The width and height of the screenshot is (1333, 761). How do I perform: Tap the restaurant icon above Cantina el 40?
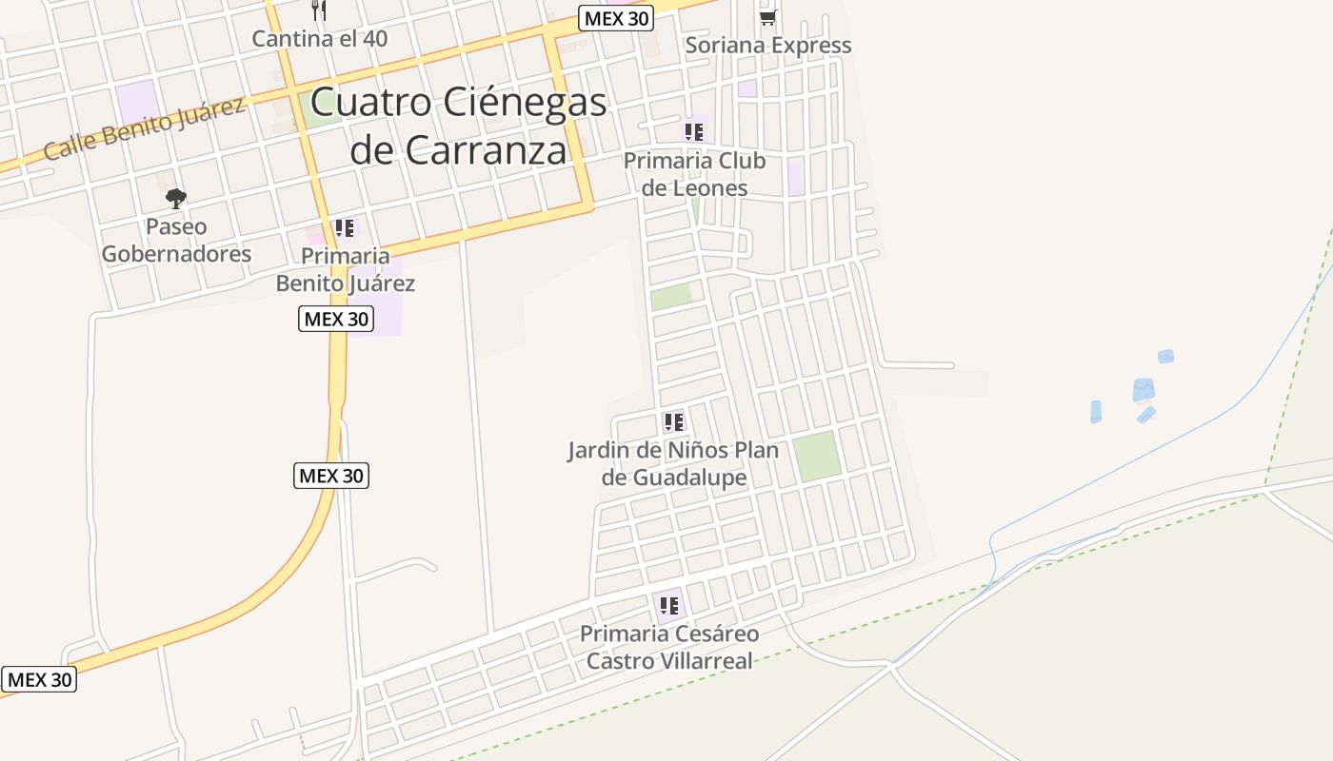point(319,10)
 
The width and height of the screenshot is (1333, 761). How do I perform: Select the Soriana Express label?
point(768,45)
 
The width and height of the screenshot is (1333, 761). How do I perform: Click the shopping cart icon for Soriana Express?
point(767,16)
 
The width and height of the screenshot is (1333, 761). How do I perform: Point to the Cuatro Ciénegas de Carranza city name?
point(458,126)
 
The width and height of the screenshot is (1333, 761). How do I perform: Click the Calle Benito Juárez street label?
point(145,128)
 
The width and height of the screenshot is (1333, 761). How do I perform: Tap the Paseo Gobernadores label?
point(176,241)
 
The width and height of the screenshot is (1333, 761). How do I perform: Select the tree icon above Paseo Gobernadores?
point(175,199)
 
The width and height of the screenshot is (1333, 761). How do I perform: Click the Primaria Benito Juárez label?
point(346,269)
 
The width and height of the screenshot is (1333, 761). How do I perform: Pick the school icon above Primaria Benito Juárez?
point(345,228)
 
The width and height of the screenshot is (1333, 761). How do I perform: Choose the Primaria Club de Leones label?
point(694,174)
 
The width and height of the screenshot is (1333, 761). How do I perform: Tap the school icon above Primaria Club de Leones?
point(694,132)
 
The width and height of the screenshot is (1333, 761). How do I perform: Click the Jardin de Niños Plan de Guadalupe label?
point(673,463)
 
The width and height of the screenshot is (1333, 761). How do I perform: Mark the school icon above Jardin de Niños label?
point(674,421)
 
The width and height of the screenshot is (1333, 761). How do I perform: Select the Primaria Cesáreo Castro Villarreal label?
point(669,647)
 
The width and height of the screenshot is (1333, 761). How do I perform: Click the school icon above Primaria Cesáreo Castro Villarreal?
point(669,605)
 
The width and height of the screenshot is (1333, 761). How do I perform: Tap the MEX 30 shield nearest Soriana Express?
point(616,18)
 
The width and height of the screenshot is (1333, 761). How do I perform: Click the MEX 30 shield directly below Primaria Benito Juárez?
point(335,319)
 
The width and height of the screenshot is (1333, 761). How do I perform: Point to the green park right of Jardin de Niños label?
point(817,456)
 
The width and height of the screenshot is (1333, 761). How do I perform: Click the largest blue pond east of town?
point(1144,390)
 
